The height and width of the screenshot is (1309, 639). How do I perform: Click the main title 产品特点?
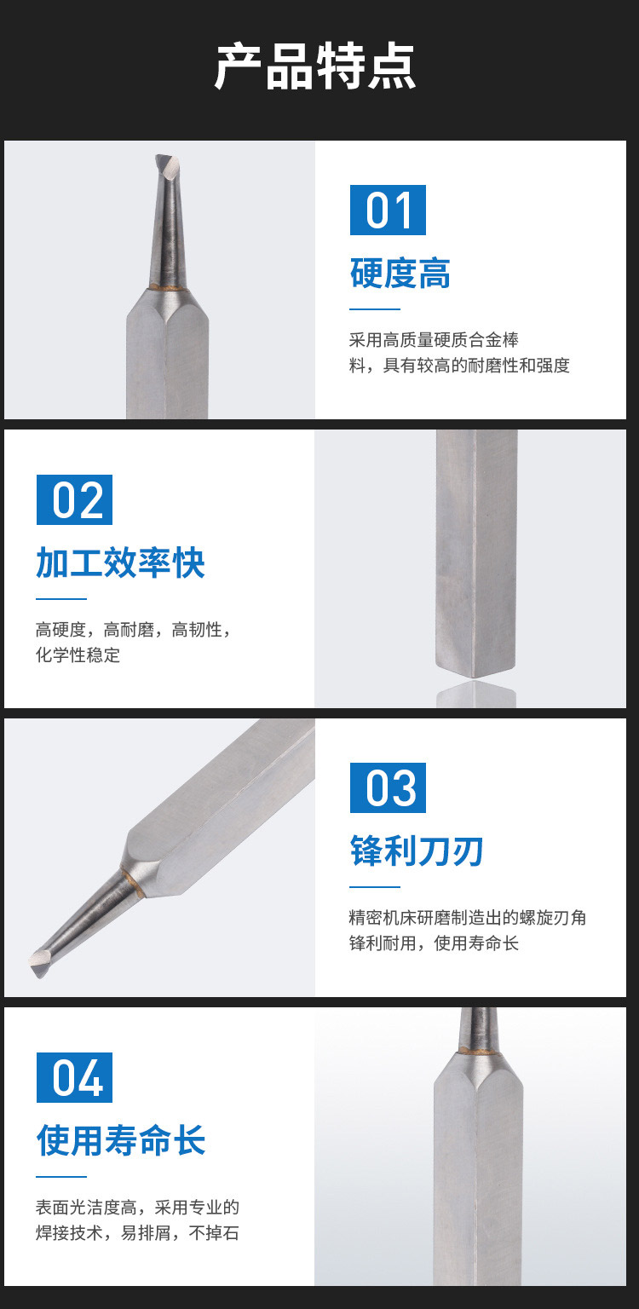point(315,66)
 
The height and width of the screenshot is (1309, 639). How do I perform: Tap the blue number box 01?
point(388,210)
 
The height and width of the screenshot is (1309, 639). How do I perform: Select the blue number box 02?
point(74,499)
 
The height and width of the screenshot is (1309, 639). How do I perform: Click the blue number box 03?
point(388,787)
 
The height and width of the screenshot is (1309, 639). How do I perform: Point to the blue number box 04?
point(74,1077)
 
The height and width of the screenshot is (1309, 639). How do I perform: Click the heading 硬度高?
point(400,273)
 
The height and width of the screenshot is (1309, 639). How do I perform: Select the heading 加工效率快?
point(120,562)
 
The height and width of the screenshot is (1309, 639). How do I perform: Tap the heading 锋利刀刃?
point(417,851)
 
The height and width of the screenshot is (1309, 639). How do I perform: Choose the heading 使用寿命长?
point(120,1140)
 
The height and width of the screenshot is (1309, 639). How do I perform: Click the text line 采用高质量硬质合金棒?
point(434,339)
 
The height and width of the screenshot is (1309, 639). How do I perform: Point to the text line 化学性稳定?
point(78,654)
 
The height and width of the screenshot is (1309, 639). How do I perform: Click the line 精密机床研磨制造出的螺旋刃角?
point(467,918)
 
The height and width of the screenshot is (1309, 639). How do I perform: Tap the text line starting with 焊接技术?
point(137,1232)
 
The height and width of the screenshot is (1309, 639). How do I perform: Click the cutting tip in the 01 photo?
point(168,165)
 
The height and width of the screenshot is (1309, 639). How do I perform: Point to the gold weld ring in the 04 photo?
point(478,1050)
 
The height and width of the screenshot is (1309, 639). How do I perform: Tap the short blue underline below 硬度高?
point(375,309)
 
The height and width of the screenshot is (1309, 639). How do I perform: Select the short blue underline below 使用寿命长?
point(61,1176)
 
